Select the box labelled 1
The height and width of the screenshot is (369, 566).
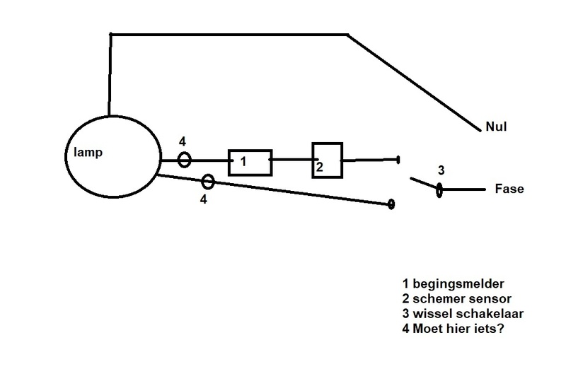click(250, 162)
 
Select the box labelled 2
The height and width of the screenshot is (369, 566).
click(327, 161)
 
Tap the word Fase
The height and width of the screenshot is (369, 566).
click(510, 189)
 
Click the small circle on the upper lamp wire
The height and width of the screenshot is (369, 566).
click(183, 160)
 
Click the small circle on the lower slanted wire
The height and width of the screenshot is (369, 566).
click(207, 182)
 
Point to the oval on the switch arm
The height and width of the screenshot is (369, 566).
click(439, 189)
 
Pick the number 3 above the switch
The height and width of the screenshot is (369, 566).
click(440, 170)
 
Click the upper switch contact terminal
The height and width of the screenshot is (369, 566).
click(398, 160)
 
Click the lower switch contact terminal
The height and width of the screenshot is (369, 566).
click(391, 204)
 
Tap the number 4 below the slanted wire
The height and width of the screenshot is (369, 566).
click(203, 199)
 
